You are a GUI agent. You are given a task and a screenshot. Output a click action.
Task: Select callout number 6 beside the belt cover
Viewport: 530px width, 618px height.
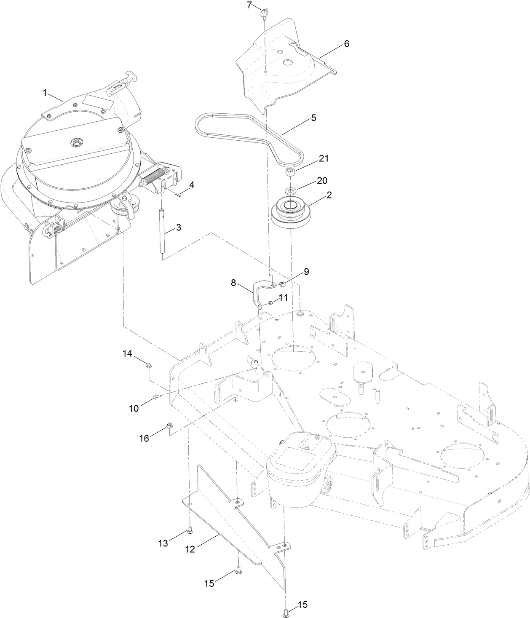(346, 44)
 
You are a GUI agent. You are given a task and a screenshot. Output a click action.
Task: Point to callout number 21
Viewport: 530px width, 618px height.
(324, 159)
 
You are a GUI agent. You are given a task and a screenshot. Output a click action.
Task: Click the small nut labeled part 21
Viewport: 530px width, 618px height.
(291, 173)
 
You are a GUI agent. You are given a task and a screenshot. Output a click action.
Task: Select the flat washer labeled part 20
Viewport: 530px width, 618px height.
(290, 191)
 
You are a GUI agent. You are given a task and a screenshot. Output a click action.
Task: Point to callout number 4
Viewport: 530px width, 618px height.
(191, 185)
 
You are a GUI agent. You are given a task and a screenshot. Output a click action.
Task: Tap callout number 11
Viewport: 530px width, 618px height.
(283, 297)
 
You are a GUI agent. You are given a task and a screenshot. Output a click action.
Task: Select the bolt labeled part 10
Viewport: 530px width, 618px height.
(156, 396)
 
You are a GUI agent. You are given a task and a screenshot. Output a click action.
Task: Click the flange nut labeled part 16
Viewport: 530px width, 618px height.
(170, 426)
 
